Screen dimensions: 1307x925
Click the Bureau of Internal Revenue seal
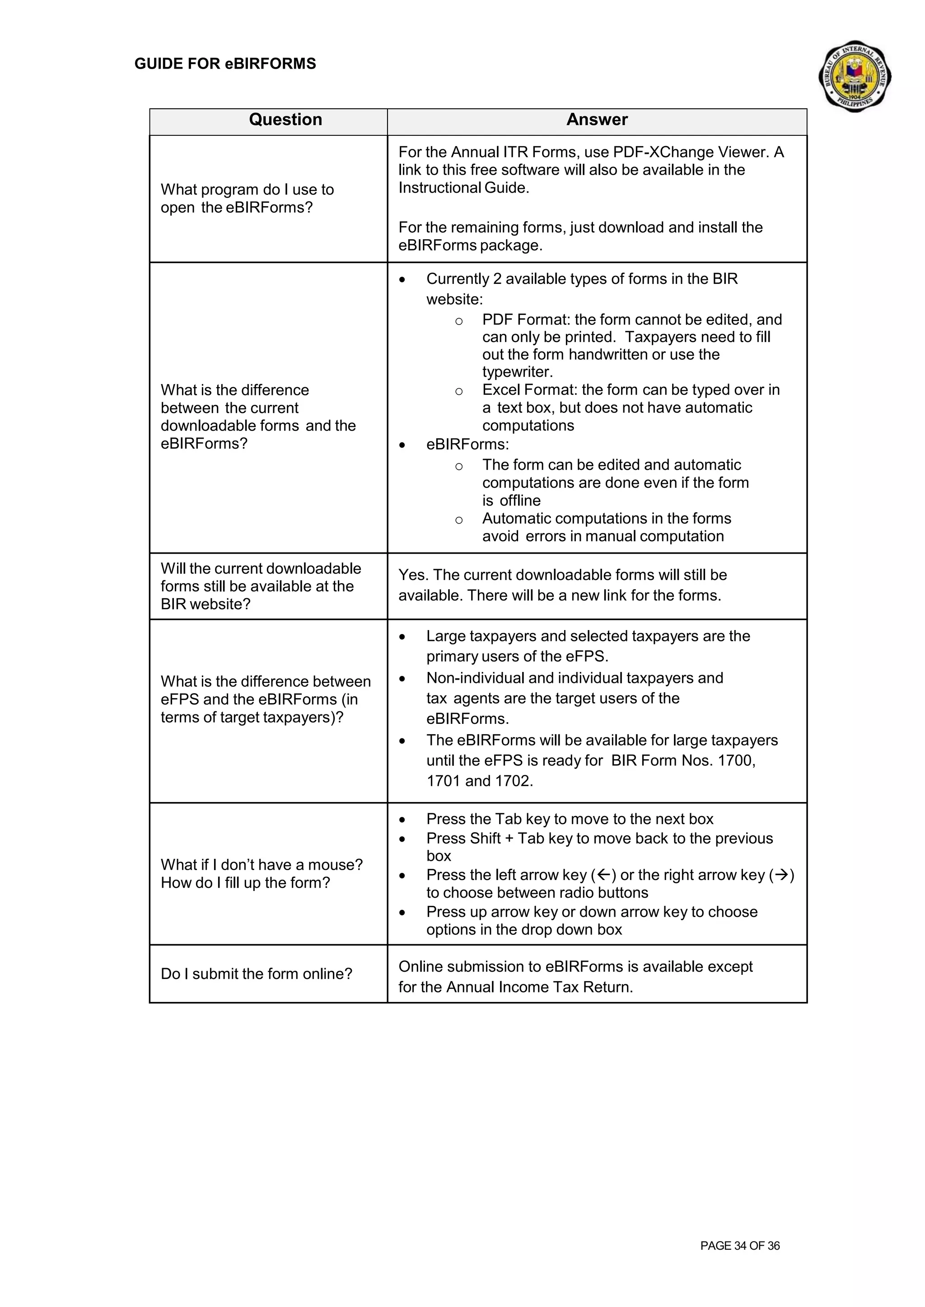(x=855, y=76)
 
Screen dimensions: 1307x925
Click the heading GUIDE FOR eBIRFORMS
(x=225, y=64)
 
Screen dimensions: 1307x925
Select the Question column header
(x=285, y=120)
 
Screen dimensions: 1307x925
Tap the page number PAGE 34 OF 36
(x=739, y=1246)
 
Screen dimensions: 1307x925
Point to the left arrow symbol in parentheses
(x=604, y=875)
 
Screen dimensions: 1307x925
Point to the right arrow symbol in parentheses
(x=781, y=875)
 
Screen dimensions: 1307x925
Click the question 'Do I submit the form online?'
(x=256, y=974)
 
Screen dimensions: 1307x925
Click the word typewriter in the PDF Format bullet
(x=517, y=372)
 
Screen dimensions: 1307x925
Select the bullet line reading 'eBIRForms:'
(x=467, y=445)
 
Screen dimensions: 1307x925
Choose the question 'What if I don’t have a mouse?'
(x=262, y=865)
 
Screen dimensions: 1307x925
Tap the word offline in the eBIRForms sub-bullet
(x=519, y=501)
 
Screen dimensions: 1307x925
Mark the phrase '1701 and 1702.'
(x=480, y=781)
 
